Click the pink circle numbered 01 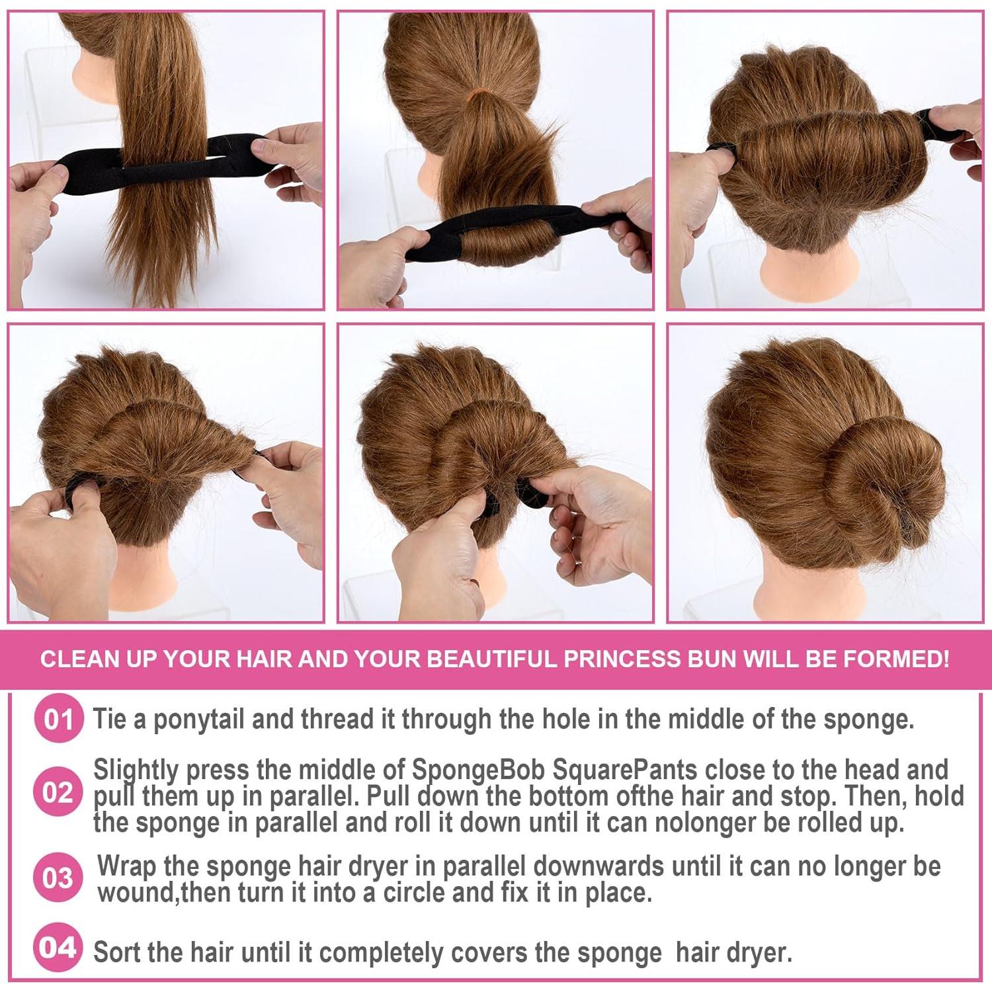coord(58,719)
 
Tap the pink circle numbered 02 coord(58,792)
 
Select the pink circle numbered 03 coord(58,878)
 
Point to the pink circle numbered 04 coord(58,948)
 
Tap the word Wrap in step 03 coord(127,866)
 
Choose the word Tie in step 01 coord(109,720)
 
